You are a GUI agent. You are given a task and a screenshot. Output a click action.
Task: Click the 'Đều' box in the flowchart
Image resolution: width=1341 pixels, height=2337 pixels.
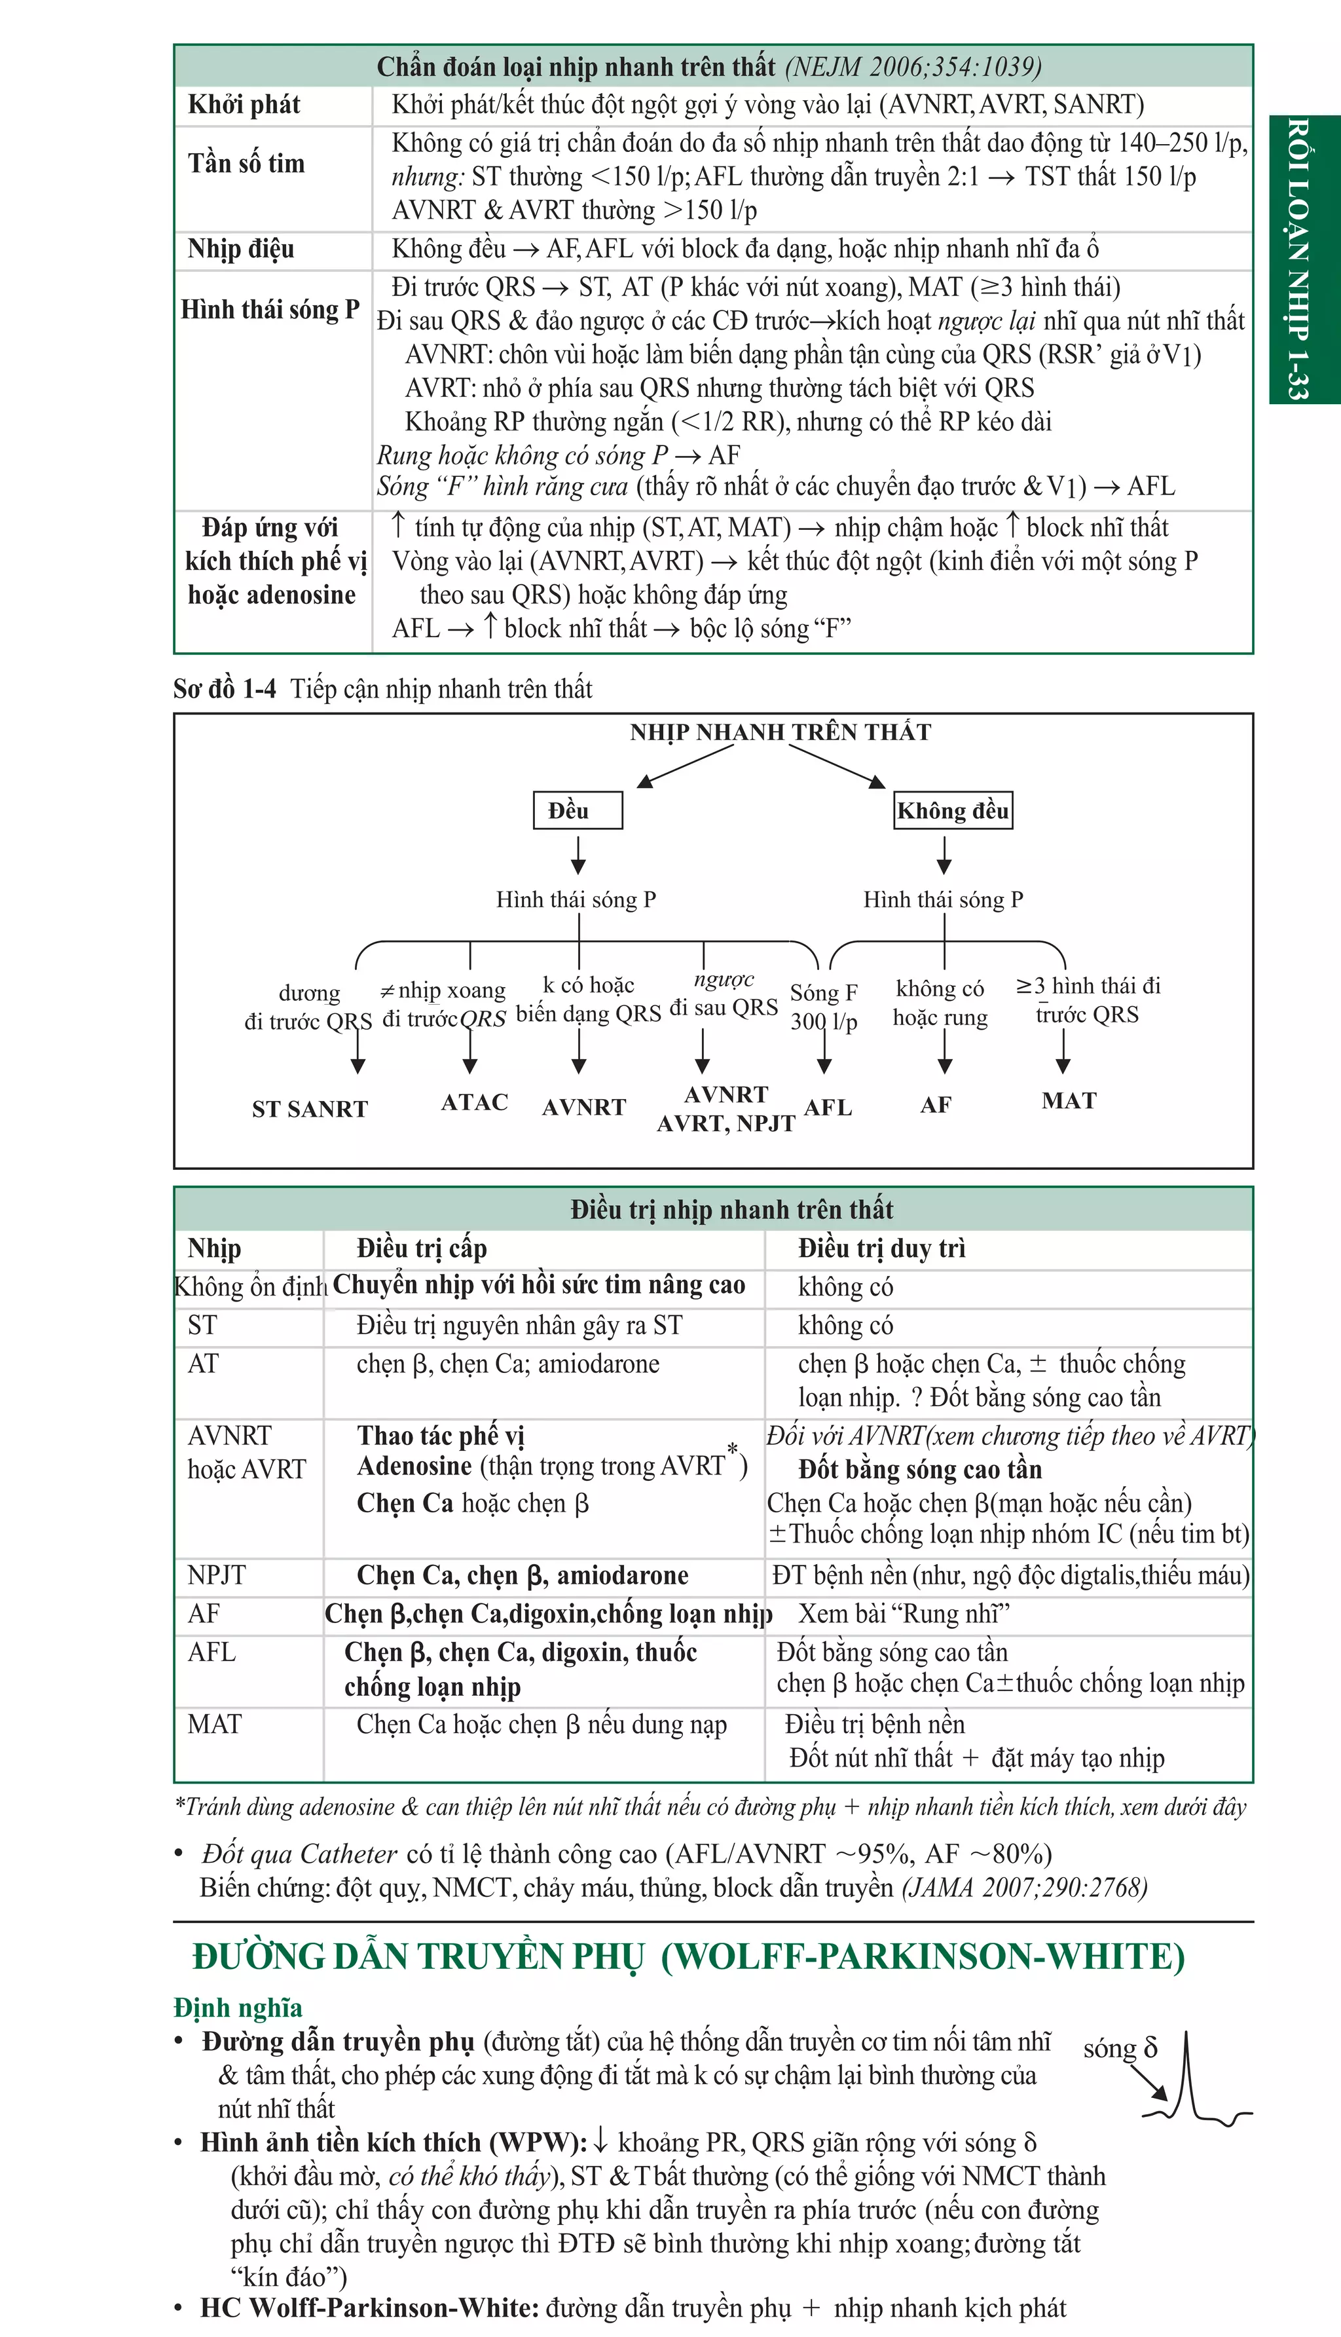(578, 811)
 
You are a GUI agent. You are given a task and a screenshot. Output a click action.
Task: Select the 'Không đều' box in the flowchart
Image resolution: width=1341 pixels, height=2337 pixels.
(953, 811)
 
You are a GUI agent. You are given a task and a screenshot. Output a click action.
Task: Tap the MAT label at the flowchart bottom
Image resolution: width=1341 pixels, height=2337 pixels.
(1069, 1101)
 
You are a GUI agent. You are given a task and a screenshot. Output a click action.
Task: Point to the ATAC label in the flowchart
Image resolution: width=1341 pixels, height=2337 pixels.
(474, 1102)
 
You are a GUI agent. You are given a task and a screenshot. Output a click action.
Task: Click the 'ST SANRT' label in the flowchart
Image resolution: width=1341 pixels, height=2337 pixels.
(310, 1109)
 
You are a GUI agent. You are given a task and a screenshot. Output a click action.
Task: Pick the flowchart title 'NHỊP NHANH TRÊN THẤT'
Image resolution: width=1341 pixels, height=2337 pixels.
(780, 732)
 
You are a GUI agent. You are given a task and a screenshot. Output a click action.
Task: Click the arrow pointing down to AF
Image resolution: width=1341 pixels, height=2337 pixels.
(944, 1052)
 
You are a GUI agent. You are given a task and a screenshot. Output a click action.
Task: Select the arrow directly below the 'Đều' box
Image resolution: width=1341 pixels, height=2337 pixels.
(578, 855)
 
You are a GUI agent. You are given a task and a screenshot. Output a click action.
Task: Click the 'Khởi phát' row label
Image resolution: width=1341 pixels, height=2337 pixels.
(244, 105)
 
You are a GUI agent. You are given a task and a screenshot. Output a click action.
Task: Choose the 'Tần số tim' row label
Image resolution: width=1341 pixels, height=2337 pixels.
(246, 163)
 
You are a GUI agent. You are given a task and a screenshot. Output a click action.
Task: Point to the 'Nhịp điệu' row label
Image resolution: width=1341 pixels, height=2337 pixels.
(242, 249)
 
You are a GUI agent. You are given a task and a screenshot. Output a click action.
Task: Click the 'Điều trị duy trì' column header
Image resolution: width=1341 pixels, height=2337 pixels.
(881, 1248)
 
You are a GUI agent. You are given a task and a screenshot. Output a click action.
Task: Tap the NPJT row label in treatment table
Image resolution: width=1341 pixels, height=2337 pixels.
(217, 1575)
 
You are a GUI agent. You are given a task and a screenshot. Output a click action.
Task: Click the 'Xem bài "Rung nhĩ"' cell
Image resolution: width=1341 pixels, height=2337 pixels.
(904, 1614)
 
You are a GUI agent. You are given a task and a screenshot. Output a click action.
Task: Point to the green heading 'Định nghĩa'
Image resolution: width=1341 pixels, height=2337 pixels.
(238, 2008)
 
